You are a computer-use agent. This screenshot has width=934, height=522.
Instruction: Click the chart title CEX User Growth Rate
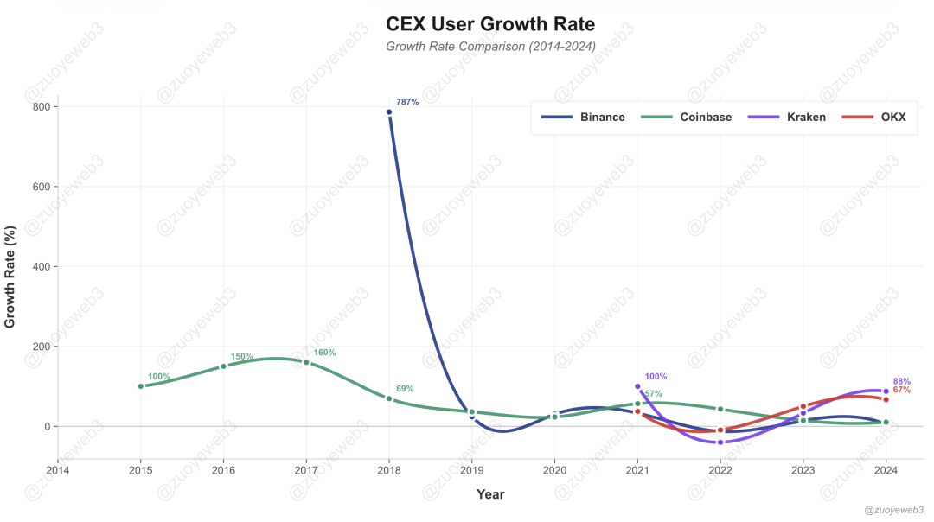[x=490, y=23]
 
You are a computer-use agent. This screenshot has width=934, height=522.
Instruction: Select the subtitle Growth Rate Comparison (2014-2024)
[x=490, y=47]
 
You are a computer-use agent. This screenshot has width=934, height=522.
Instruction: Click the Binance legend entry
[x=583, y=117]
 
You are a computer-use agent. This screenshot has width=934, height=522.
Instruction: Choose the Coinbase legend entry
[x=686, y=117]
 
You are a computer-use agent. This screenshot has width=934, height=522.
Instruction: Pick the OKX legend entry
[x=873, y=117]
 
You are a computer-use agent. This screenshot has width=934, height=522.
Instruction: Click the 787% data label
[x=407, y=102]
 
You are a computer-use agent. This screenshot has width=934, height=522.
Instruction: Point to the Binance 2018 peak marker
[x=389, y=112]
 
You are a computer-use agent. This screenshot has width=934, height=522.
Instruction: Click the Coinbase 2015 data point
[x=141, y=386]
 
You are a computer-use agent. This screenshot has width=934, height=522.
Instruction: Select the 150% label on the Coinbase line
[x=242, y=357]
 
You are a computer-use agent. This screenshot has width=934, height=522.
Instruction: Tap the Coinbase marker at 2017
[x=306, y=363]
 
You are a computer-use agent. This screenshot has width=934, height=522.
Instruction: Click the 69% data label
[x=405, y=389]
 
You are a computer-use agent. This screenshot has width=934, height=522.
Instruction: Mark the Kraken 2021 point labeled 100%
[x=637, y=386]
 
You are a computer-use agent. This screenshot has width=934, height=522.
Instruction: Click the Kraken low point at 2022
[x=720, y=442]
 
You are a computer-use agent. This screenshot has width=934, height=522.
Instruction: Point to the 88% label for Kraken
[x=901, y=381]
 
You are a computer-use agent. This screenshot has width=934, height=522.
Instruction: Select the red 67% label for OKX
[x=901, y=391]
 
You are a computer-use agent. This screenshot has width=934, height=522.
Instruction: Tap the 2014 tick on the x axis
[x=58, y=471]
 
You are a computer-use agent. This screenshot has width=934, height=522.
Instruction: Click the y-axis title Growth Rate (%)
[x=10, y=277]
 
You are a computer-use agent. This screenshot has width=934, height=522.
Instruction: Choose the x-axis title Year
[x=490, y=494]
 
